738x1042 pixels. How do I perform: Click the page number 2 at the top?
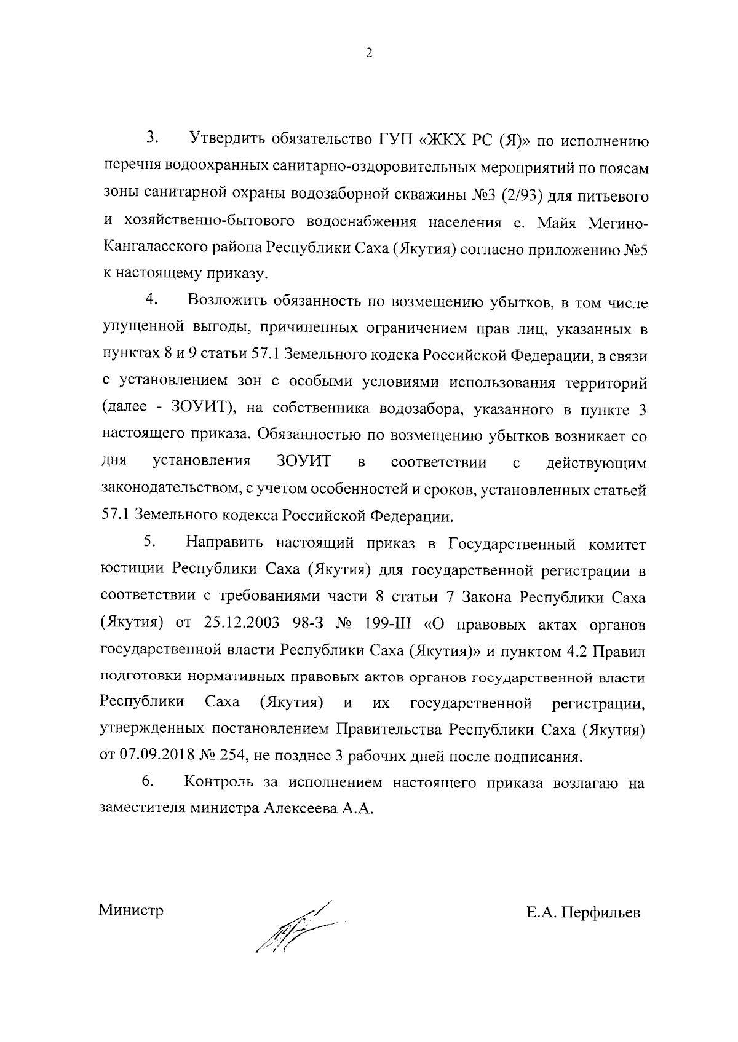[x=368, y=53]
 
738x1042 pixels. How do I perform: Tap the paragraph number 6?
[x=148, y=781]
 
